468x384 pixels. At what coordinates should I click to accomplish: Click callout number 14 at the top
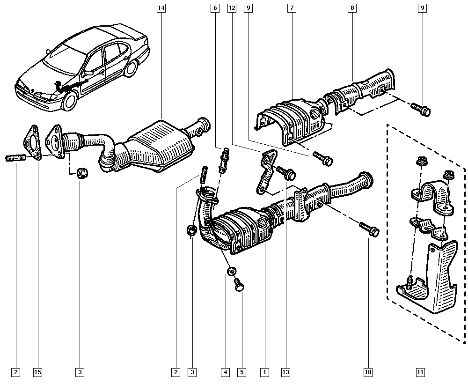161,8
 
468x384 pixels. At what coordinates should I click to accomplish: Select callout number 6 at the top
215,8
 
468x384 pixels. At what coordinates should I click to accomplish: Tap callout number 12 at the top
232,8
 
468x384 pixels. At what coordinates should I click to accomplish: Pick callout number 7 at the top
292,8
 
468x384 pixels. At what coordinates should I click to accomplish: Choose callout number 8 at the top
352,8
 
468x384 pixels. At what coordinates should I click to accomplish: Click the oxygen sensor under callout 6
223,160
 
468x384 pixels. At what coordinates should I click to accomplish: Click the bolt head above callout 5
239,285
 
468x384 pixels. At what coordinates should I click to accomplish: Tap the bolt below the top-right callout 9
421,109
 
